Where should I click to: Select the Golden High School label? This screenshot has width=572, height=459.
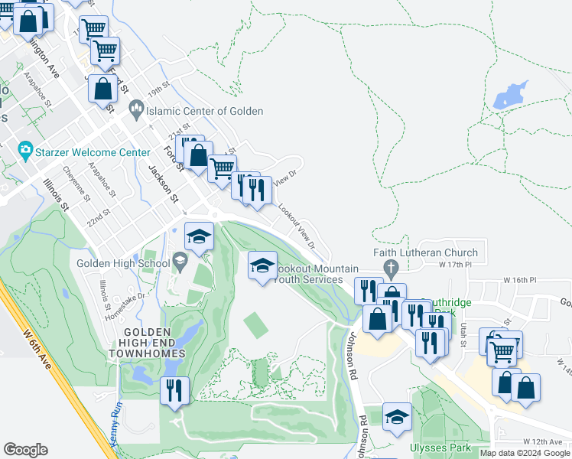[122, 264]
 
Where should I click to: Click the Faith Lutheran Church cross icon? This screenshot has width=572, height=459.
[392, 269]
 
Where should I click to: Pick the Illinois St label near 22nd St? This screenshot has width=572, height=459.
[56, 194]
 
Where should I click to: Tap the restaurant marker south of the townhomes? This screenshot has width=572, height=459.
[174, 390]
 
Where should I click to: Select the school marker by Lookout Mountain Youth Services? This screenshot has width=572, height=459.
[262, 265]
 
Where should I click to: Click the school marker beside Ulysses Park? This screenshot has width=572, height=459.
[397, 417]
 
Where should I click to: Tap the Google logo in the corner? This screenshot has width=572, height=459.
[26, 449]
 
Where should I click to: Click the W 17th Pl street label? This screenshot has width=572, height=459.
[457, 264]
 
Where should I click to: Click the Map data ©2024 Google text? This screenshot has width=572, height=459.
[525, 453]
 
